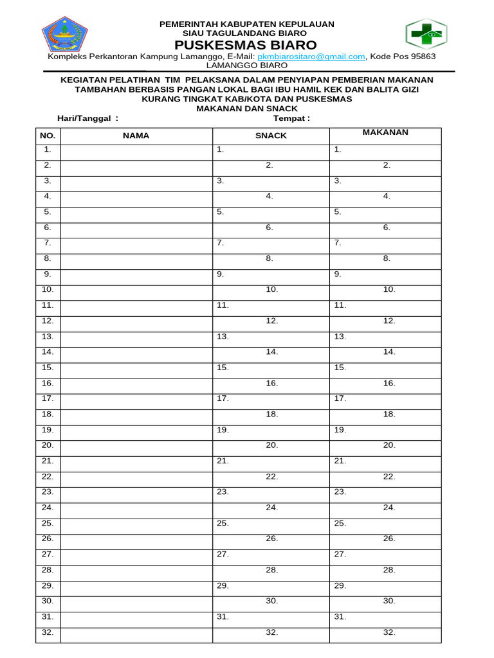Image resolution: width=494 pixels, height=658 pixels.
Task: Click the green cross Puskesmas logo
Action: pos(426,34)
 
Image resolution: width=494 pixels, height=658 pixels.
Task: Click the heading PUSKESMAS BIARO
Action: pos(247,45)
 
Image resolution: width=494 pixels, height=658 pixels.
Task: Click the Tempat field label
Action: pos(291,118)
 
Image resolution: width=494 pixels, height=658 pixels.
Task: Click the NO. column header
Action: pos(48,136)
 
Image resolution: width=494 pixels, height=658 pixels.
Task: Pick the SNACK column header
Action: pos(271,136)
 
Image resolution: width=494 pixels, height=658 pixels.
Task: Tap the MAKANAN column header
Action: pos(385,132)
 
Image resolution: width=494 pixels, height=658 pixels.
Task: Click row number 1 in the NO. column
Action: pos(48,150)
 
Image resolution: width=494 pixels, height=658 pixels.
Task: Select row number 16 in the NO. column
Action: pos(48,383)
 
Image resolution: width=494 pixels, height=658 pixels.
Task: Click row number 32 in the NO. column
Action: pos(48,632)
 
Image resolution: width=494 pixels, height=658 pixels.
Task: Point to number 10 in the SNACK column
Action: pos(271,290)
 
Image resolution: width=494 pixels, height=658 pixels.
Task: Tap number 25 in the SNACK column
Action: pos(223,523)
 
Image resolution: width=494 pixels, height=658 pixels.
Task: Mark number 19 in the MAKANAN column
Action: pos(340,430)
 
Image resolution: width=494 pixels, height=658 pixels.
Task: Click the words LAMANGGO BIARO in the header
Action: pos(246,65)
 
